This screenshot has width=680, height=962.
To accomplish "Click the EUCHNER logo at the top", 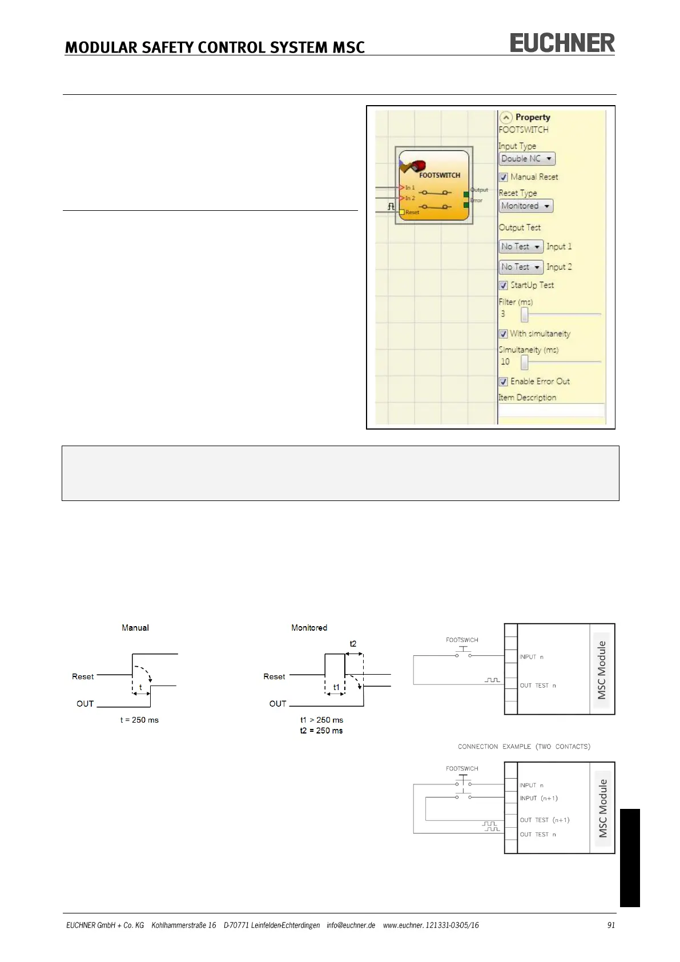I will tap(562, 43).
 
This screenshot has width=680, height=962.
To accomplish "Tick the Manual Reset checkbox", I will tap(504, 177).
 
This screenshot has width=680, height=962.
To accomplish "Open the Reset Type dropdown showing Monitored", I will tap(526, 206).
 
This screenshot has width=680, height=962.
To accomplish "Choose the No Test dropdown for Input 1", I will tap(521, 247).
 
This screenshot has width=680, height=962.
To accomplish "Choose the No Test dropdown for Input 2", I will tap(521, 267).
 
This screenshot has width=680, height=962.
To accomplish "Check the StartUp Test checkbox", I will tap(504, 285).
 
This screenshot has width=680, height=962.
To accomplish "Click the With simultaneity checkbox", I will tap(504, 334).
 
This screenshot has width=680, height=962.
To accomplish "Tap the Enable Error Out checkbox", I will tap(504, 382).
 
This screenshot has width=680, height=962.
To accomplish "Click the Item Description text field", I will tap(551, 410).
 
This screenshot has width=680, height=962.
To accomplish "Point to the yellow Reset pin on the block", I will tap(402, 213).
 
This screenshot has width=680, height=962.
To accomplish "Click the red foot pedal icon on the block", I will tap(417, 166).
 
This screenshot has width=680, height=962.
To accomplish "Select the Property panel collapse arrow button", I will tap(506, 118).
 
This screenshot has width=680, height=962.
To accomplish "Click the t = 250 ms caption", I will tap(139, 720).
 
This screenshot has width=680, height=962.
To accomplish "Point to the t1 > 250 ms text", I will tap(321, 720).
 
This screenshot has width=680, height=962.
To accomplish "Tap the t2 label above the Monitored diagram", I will tap(353, 644).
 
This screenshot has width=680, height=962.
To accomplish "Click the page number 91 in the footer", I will tap(611, 925).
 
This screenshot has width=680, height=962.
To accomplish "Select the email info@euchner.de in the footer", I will tap(351, 925).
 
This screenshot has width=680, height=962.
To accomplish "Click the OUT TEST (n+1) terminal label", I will tap(544, 820).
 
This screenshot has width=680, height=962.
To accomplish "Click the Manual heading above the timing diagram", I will tap(135, 628).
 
